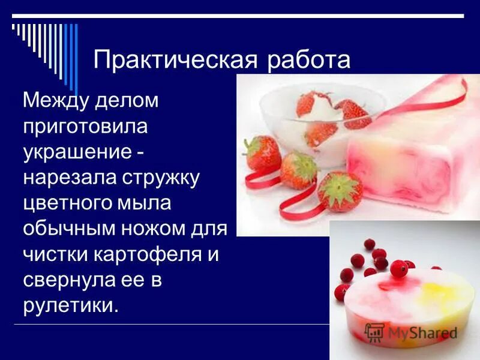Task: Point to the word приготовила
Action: pos(85,127)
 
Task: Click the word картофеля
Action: pos(149,254)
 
